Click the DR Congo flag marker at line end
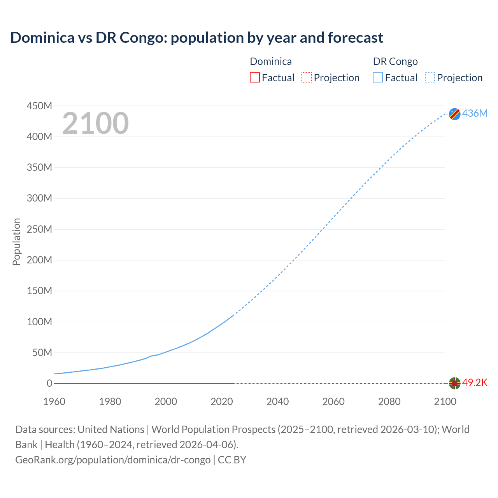point(454,114)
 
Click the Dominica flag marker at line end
point(454,383)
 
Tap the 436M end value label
point(475,113)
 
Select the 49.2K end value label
point(475,383)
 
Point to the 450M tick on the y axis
point(39,106)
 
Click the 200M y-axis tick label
point(39,260)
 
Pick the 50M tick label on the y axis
point(42,352)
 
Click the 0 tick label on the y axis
point(49,383)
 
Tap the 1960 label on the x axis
point(54,402)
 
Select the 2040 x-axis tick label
point(277,402)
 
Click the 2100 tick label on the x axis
point(445,402)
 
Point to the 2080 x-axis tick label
point(389,402)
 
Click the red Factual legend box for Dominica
point(255,78)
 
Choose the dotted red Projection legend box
point(307,78)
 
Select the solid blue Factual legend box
point(378,78)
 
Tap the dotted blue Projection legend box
point(430,78)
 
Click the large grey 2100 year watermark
point(95,123)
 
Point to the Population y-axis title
point(16,242)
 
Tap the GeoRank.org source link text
point(113,460)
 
